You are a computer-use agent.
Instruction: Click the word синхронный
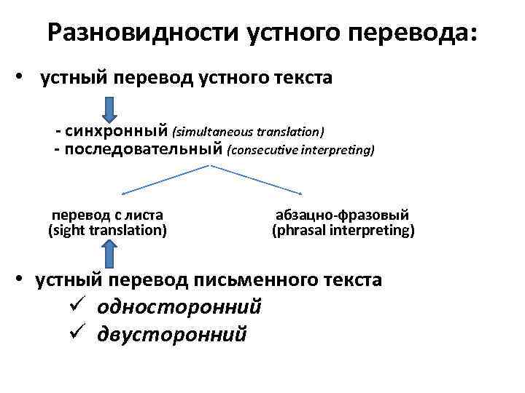(117, 132)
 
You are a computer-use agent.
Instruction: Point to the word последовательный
(143, 150)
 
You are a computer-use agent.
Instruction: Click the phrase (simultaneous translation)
(248, 132)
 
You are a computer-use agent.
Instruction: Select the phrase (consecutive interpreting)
(301, 151)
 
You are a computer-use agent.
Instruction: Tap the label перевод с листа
(107, 215)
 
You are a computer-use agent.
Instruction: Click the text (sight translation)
(107, 231)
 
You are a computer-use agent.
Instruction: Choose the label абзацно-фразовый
(342, 215)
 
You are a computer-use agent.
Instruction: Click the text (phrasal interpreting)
(343, 231)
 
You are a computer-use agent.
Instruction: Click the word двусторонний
(172, 334)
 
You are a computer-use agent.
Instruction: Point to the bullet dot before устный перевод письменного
(23, 280)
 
